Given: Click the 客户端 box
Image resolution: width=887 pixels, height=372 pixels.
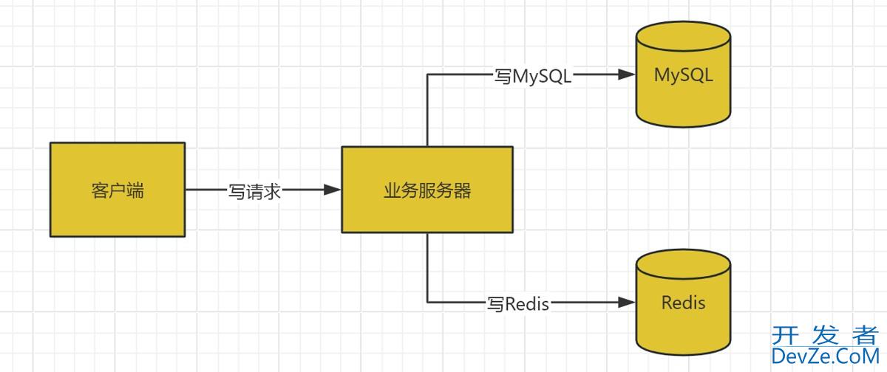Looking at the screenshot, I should coord(118,190).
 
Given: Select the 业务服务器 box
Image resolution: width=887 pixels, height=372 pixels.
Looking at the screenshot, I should coord(426,190).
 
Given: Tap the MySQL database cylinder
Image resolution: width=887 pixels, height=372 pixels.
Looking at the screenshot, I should coord(684,81).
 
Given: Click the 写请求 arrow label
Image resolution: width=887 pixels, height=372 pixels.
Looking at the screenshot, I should coord(254,191).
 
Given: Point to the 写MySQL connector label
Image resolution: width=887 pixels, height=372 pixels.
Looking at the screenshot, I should coord(533,75).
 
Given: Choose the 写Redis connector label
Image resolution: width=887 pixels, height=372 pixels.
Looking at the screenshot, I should coord(517,303).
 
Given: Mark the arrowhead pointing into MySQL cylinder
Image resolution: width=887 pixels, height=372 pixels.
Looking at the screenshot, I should coord(628,75).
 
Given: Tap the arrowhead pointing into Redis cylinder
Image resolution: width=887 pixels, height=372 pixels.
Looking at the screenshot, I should coord(628,302).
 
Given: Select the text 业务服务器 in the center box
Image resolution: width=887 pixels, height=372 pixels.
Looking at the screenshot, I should coord(426,191).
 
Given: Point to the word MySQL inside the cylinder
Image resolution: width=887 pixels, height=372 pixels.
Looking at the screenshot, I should coord(684,75).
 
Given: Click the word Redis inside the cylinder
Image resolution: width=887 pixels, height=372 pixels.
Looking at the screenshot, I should coord(684,303).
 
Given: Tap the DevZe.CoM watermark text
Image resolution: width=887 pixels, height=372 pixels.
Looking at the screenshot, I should coord(823,357).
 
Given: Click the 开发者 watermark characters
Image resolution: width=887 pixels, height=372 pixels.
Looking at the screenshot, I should coord(823,335).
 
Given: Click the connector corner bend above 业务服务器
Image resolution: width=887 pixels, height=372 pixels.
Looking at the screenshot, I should coord(427,75).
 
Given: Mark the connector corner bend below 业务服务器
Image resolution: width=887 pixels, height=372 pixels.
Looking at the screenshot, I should coord(427,302).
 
